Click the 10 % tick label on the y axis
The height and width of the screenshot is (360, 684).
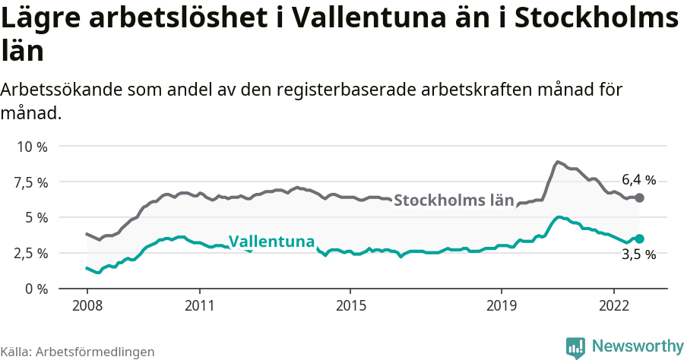click(x=32, y=147)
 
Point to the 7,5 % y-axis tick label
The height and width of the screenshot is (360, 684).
click(x=32, y=182)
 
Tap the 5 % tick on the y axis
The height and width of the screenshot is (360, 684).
click(x=36, y=217)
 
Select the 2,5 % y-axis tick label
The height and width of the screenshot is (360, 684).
click(x=32, y=253)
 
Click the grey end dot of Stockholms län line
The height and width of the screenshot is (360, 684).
click(x=639, y=197)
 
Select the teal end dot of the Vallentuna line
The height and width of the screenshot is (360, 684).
click(x=639, y=238)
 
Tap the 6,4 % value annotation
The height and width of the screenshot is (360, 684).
click(x=638, y=180)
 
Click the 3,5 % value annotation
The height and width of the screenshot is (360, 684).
click(x=638, y=255)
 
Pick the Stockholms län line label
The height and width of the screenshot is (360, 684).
click(x=454, y=201)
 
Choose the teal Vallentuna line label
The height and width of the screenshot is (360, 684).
click(x=271, y=242)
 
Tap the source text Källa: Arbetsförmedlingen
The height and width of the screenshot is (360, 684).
click(x=78, y=352)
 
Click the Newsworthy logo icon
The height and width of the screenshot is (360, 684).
click(x=576, y=347)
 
